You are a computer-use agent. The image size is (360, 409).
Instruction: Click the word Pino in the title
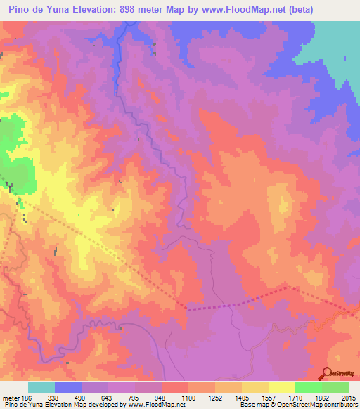[18, 9]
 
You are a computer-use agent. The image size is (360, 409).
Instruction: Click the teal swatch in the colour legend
[41, 387]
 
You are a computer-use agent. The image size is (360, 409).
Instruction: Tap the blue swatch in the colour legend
[68, 387]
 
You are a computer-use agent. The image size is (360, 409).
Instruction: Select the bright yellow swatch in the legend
[282, 387]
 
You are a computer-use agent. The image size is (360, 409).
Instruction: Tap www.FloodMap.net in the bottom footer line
[155, 404]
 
